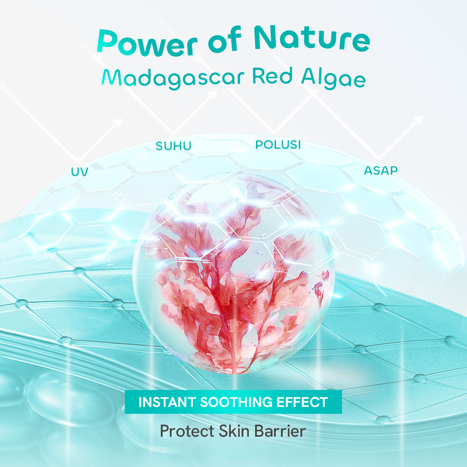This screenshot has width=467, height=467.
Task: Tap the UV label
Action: click(x=80, y=172)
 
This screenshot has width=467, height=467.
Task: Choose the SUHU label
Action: click(x=173, y=146)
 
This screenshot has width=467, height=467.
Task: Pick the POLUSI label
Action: click(x=278, y=145)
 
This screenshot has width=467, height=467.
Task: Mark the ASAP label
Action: click(x=381, y=170)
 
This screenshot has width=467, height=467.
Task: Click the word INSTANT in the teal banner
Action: click(x=166, y=402)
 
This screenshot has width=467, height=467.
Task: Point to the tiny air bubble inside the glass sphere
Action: click(x=263, y=236)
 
